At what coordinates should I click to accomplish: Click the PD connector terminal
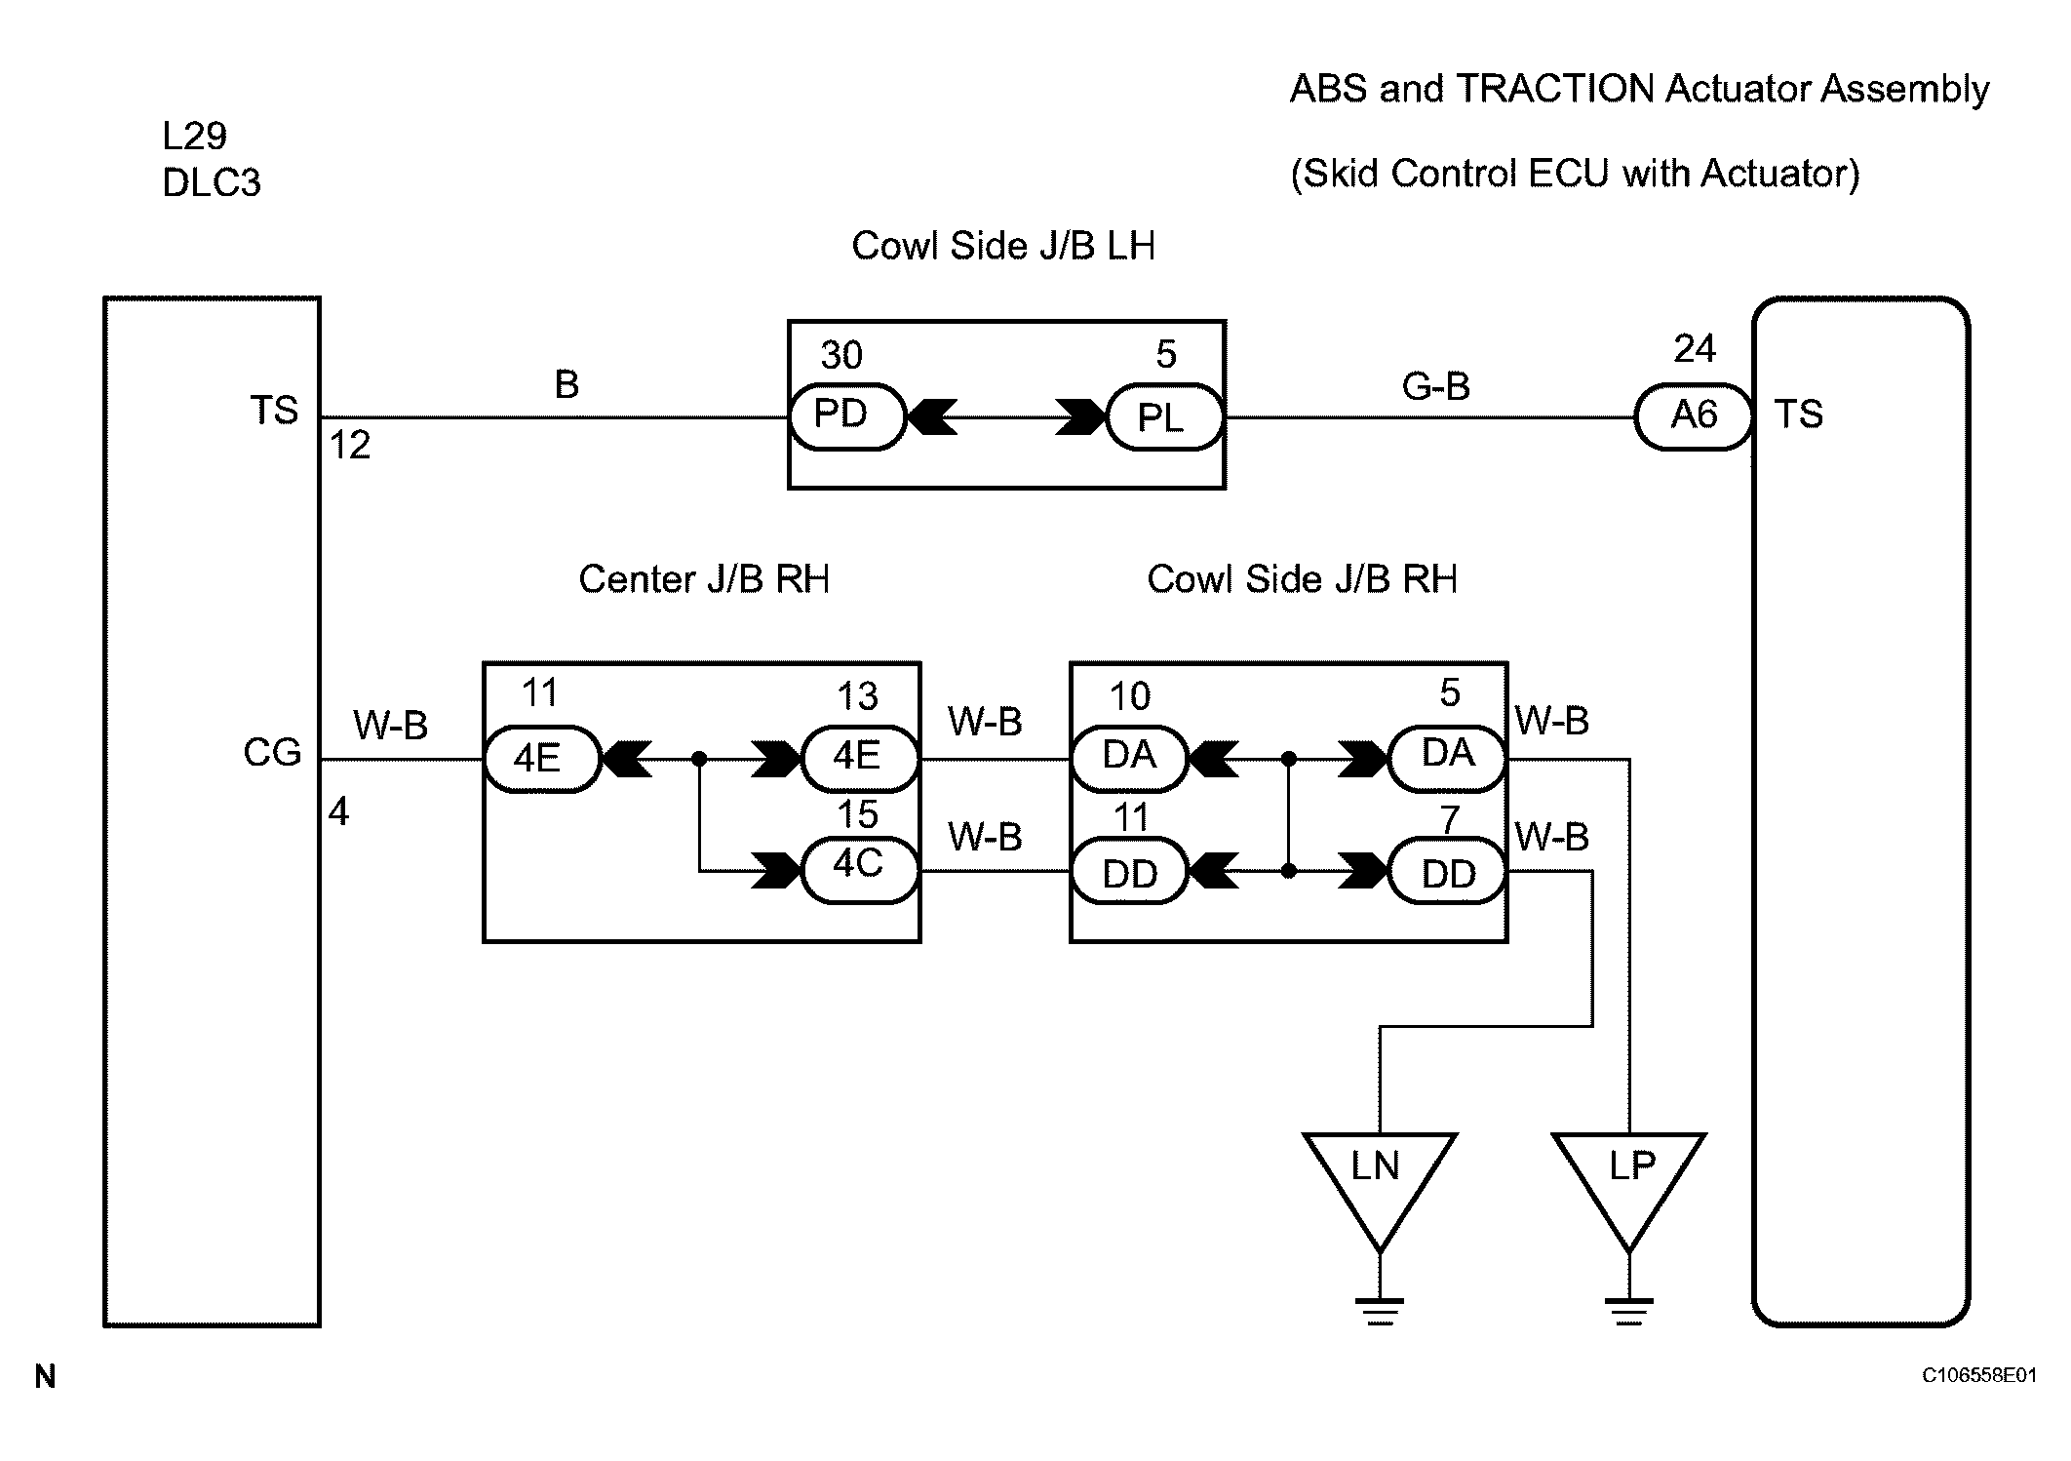(846, 416)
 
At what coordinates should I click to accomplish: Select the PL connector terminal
(1165, 417)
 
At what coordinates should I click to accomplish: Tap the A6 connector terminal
(1694, 416)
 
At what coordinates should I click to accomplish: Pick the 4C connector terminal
(860, 870)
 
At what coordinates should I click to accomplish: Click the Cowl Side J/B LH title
(1003, 246)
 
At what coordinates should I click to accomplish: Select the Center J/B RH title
(704, 579)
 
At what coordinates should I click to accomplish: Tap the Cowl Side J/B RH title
(1302, 579)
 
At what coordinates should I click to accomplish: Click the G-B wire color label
(1435, 386)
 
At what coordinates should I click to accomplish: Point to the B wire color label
(567, 384)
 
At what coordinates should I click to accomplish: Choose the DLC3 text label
(212, 183)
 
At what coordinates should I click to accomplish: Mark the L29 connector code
(195, 136)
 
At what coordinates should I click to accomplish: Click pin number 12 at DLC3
(350, 446)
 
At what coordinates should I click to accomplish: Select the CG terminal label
(272, 753)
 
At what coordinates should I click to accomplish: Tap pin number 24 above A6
(1695, 348)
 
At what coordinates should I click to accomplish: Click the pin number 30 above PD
(841, 355)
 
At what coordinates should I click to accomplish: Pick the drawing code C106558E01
(1979, 1375)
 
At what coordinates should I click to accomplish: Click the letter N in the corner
(45, 1376)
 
